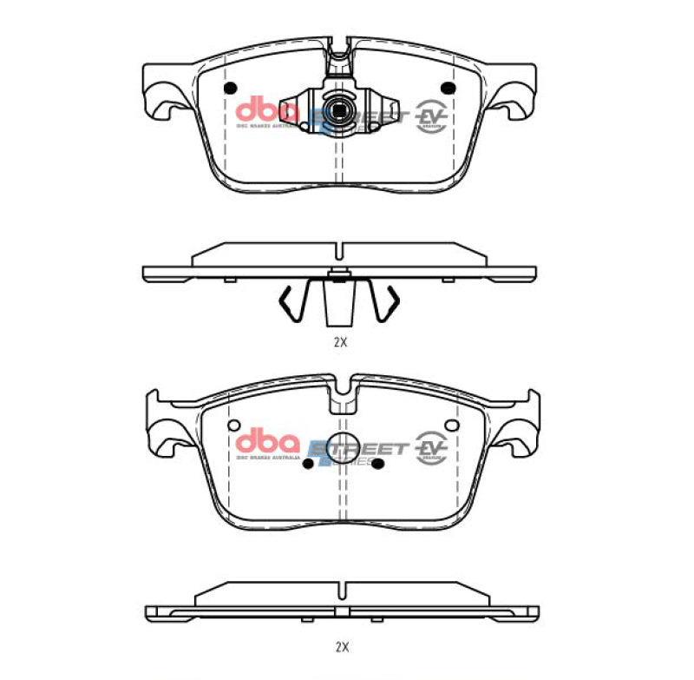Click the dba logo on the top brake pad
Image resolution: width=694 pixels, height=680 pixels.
coord(266,111)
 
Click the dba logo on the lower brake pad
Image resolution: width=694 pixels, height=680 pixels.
coord(266,442)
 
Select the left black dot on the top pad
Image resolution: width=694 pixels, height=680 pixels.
coord(230,89)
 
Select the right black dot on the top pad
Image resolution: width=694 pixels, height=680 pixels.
coord(448,89)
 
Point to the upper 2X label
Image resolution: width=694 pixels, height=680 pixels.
coord(340,341)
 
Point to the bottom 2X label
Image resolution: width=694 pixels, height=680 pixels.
coord(340,646)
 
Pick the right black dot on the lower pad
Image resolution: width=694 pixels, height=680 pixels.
coord(377,464)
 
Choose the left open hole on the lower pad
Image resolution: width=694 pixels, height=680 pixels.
coord(232,426)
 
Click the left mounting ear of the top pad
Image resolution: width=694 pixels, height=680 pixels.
coord(160,97)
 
